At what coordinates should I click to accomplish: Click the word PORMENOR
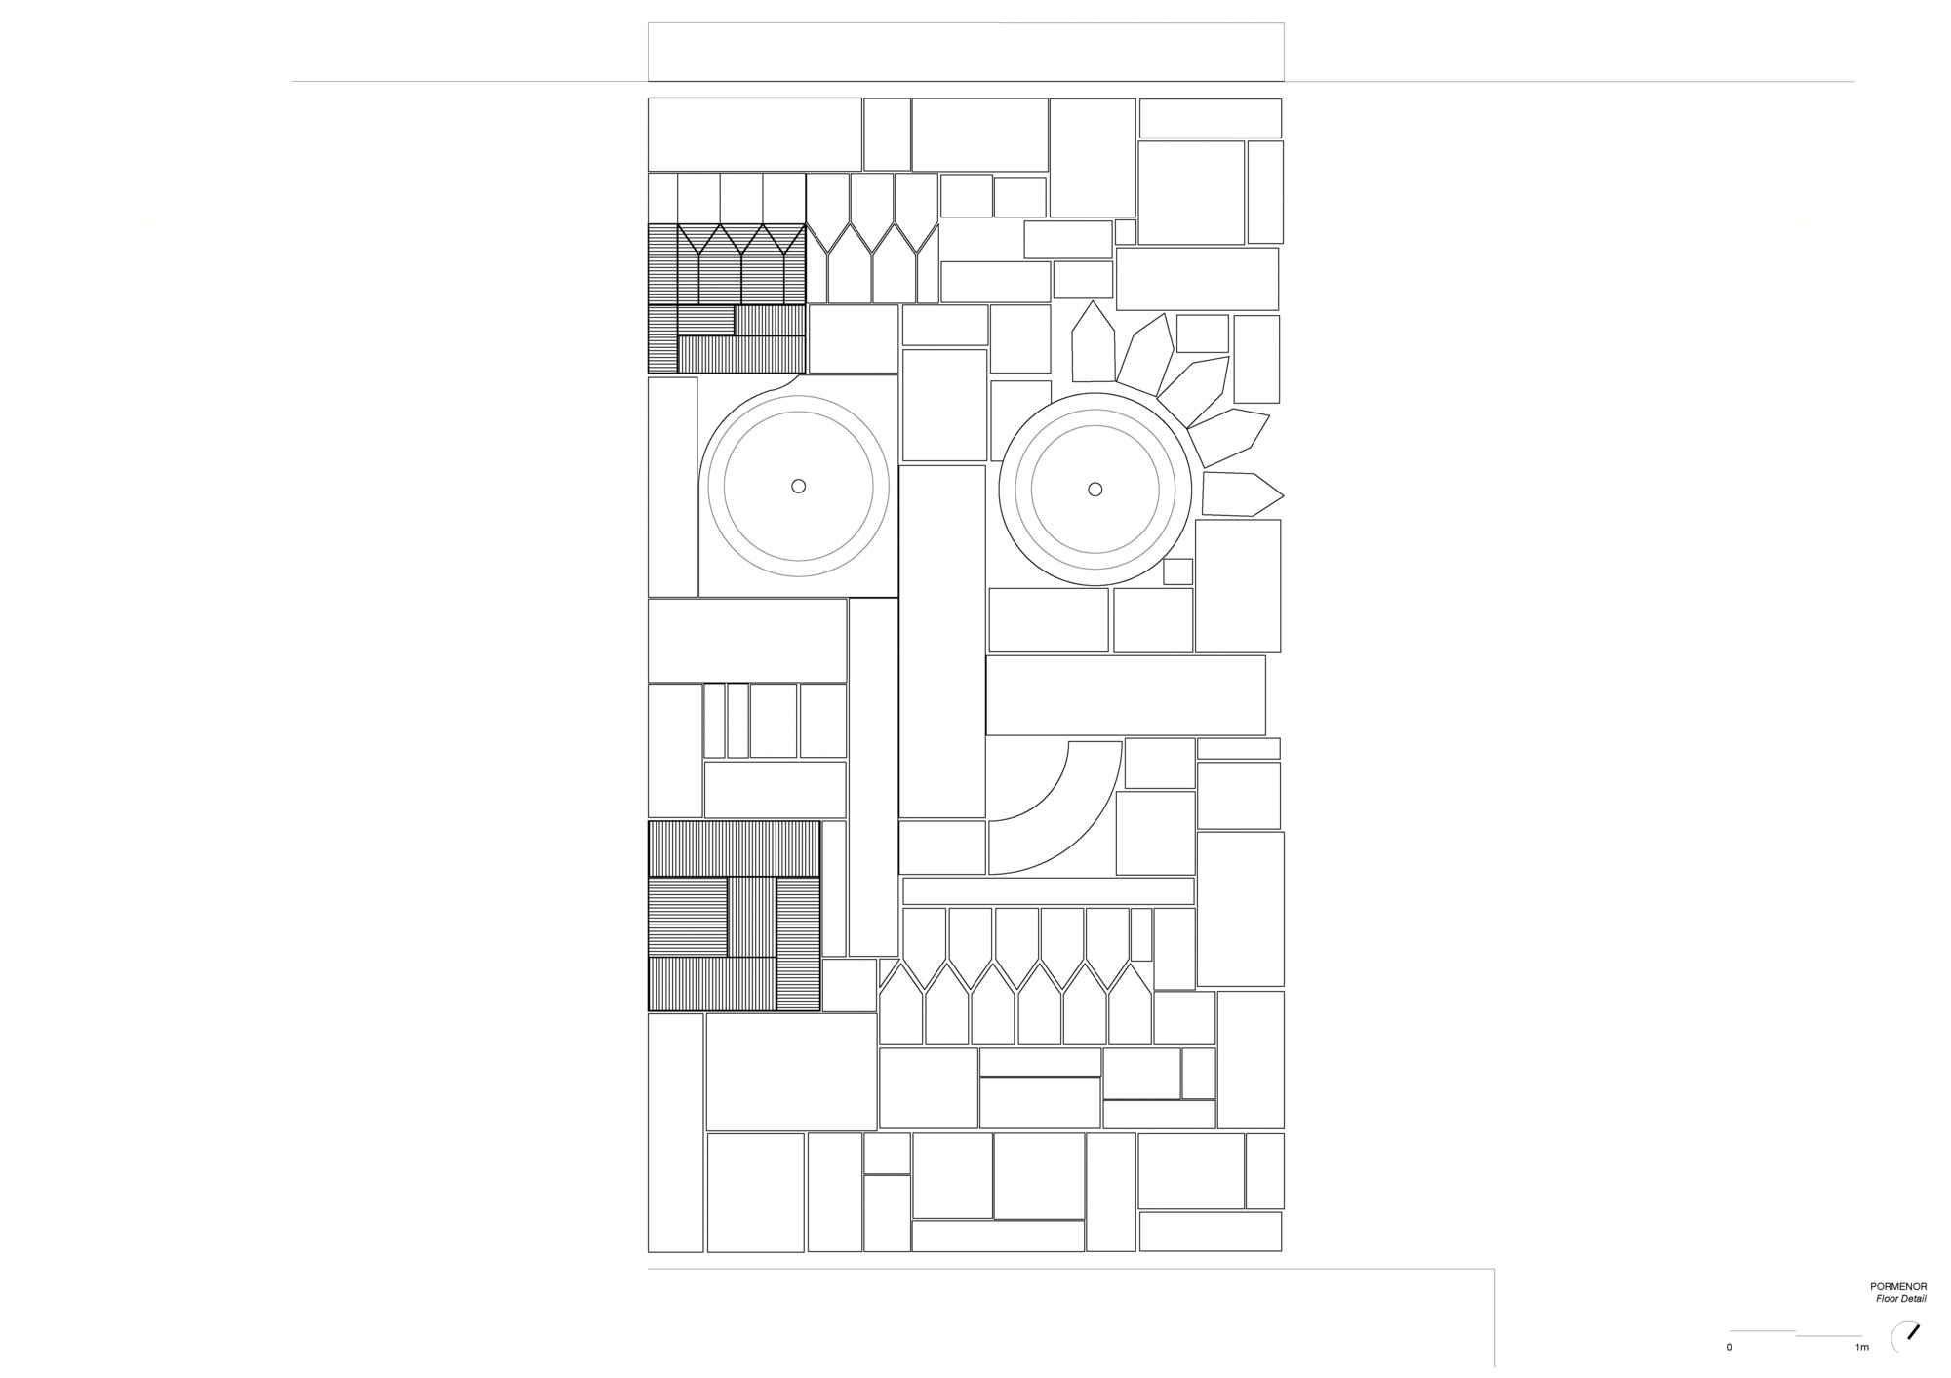(1899, 1287)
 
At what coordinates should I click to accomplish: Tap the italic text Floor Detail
(1900, 1299)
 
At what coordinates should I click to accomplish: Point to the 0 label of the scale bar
(1730, 1348)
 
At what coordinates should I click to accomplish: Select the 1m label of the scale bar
(1862, 1348)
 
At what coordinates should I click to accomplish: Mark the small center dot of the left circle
(798, 486)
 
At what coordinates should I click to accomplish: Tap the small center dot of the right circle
(1095, 489)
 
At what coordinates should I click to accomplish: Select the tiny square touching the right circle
(1177, 571)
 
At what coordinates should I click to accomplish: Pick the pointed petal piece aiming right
(1242, 493)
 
